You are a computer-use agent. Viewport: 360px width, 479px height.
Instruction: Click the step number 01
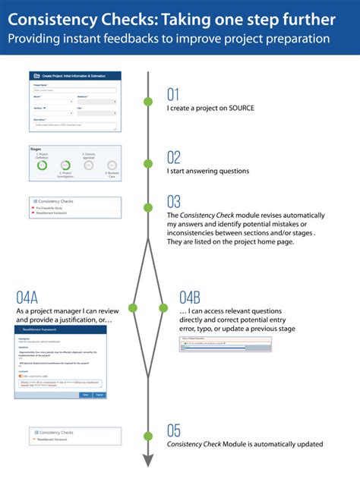pyautogui.click(x=174, y=95)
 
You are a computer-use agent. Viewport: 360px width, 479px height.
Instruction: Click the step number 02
pyautogui.click(x=175, y=157)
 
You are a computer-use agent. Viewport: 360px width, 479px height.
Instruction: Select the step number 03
pyautogui.click(x=175, y=202)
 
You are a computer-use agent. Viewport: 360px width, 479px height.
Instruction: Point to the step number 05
pyautogui.click(x=175, y=431)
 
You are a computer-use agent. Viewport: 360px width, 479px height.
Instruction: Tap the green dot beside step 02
pyautogui.click(x=148, y=163)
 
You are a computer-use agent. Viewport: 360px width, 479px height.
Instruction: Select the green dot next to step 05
pyautogui.click(x=148, y=436)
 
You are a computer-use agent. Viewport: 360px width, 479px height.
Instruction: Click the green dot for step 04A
pyautogui.click(x=134, y=307)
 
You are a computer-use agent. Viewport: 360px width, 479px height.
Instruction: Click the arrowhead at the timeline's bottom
pyautogui.click(x=148, y=460)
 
